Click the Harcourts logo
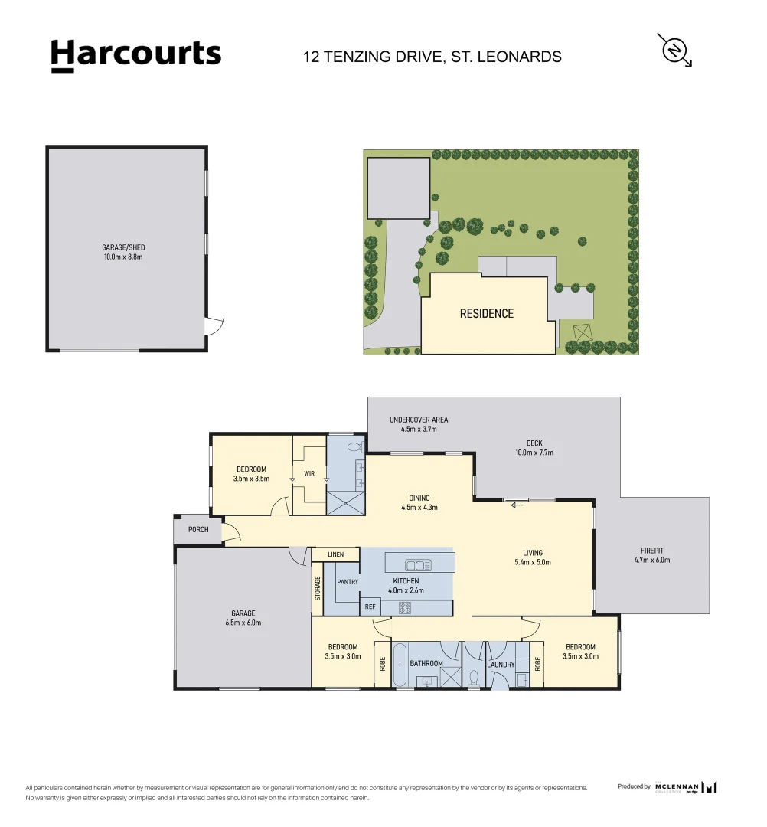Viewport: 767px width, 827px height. pyautogui.click(x=136, y=55)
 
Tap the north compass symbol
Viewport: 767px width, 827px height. pyautogui.click(x=674, y=51)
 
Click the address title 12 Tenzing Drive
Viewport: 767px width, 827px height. pyautogui.click(x=432, y=57)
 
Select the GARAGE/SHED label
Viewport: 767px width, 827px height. pyautogui.click(x=123, y=247)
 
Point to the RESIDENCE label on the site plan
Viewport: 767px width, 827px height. pyautogui.click(x=487, y=314)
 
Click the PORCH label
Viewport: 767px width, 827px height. pyautogui.click(x=198, y=530)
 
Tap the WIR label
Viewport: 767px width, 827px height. pyautogui.click(x=309, y=474)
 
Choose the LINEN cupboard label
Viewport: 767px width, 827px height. pyautogui.click(x=336, y=554)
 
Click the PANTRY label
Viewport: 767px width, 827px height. pyautogui.click(x=348, y=582)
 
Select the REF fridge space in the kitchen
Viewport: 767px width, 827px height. pyautogui.click(x=370, y=606)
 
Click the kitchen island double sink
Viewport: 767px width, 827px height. pyautogui.click(x=418, y=565)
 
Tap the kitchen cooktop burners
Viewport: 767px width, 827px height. pyautogui.click(x=405, y=607)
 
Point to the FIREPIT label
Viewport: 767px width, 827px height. pyautogui.click(x=652, y=551)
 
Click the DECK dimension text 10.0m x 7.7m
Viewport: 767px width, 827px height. pyautogui.click(x=534, y=453)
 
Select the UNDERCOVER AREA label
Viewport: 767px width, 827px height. pyautogui.click(x=419, y=420)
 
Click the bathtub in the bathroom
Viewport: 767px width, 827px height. pyautogui.click(x=399, y=664)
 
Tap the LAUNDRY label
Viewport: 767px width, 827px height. pyautogui.click(x=501, y=665)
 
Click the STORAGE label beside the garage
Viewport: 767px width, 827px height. pyautogui.click(x=318, y=588)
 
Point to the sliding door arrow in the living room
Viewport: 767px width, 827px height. pyautogui.click(x=517, y=505)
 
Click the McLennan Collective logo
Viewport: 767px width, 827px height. pyautogui.click(x=686, y=787)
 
